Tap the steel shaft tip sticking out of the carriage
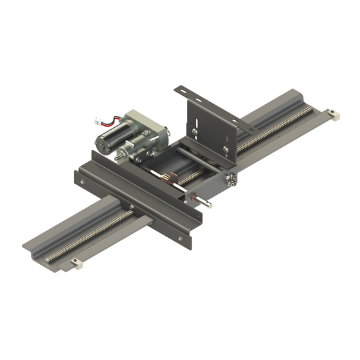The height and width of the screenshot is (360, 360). click(x=210, y=206)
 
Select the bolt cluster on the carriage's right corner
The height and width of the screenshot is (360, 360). click(x=231, y=181)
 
